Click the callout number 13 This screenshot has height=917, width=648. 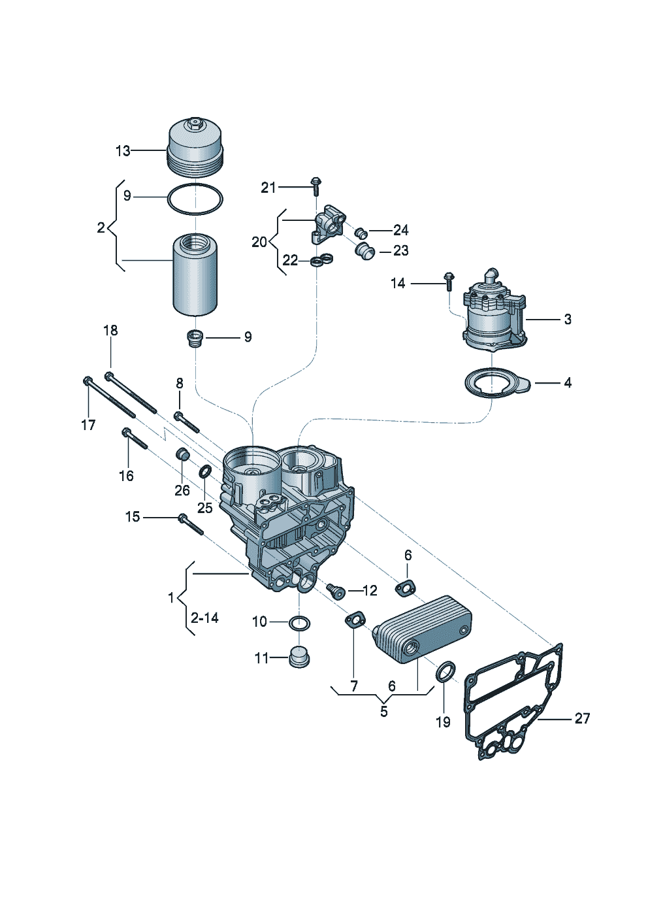(x=123, y=151)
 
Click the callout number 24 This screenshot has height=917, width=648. (x=400, y=230)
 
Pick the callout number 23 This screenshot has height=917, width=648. (x=400, y=250)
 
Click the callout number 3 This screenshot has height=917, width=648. (x=568, y=319)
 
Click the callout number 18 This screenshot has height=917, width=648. (x=110, y=330)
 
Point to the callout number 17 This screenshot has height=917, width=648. (x=88, y=425)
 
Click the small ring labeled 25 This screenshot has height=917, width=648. (x=205, y=472)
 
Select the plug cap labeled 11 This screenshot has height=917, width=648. (x=299, y=657)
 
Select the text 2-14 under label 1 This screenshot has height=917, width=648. (x=204, y=618)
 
